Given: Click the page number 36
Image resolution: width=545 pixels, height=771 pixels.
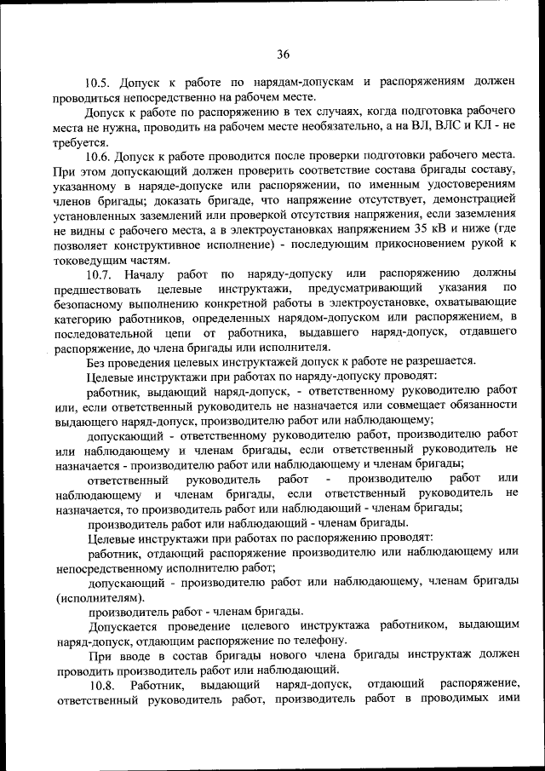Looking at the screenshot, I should point(283,54).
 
